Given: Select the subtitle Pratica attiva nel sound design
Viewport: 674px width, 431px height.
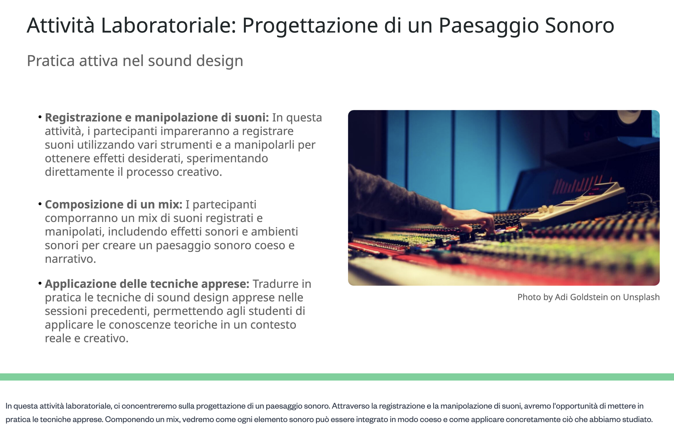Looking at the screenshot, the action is [x=135, y=61].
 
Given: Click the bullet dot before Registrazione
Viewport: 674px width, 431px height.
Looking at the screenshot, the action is [x=40, y=116].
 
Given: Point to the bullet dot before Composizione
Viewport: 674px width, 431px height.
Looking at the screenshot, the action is [x=40, y=203].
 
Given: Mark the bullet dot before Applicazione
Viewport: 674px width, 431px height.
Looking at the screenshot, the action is [x=40, y=283].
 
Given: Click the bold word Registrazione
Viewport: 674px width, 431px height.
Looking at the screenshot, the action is [x=83, y=118].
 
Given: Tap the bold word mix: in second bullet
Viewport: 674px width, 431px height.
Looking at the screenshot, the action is [x=170, y=204].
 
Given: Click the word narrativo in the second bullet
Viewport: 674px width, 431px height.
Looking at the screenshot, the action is [x=70, y=259].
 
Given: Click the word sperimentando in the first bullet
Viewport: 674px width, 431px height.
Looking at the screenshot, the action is [x=227, y=159].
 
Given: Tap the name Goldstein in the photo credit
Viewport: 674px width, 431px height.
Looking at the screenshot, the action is [x=588, y=297].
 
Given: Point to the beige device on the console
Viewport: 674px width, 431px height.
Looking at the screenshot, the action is [x=571, y=202].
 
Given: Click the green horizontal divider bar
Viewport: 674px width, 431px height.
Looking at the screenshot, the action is [x=337, y=377].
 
